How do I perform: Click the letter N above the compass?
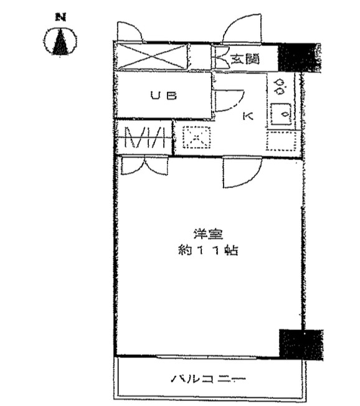[x=60, y=17]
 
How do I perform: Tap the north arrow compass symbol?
[x=60, y=41]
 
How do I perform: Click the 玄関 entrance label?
[x=245, y=59]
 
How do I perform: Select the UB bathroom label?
[x=164, y=96]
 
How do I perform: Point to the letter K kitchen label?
[x=248, y=116]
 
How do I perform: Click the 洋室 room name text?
[x=209, y=234]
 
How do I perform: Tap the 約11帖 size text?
[x=208, y=250]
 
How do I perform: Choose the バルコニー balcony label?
[x=208, y=380]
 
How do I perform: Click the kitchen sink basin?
[x=282, y=114]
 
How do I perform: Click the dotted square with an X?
[x=197, y=137]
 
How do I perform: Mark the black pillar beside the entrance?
[x=298, y=57]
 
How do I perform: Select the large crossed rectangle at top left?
[x=151, y=57]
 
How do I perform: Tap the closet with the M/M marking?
[x=144, y=137]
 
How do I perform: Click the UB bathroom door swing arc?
[x=229, y=100]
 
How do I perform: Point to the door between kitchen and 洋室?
[x=242, y=172]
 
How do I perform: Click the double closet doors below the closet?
[x=145, y=165]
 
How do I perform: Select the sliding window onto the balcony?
[x=207, y=357]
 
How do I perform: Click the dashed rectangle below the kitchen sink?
[x=282, y=141]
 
